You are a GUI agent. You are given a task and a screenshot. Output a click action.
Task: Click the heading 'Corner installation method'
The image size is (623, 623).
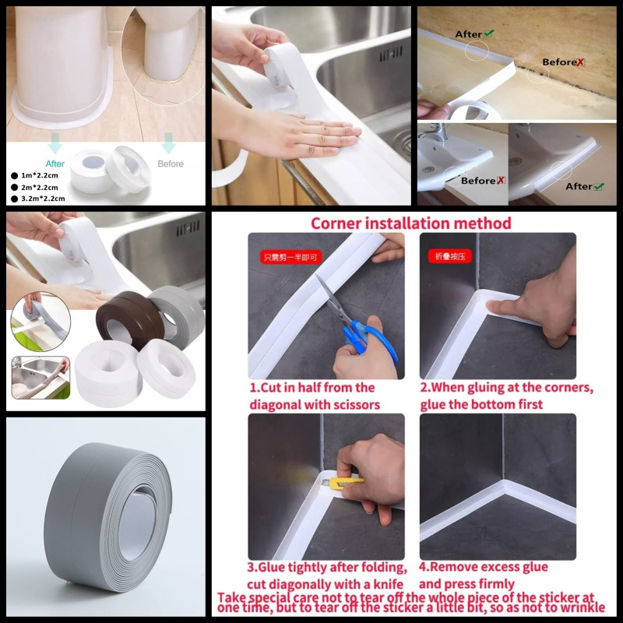[x=411, y=224]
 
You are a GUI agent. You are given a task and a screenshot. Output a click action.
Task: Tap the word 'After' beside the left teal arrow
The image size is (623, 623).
[x=55, y=164]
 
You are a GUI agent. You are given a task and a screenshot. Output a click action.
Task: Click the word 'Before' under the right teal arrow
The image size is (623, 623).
[x=171, y=164]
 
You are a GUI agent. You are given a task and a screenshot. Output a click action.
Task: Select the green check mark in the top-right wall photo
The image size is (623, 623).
[x=488, y=33]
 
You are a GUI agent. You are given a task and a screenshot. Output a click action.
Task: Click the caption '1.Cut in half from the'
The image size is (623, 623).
[x=311, y=387]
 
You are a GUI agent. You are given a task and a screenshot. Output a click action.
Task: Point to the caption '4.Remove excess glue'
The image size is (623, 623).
[x=484, y=566]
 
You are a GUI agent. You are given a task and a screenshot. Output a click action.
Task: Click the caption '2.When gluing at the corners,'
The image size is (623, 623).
[x=506, y=387]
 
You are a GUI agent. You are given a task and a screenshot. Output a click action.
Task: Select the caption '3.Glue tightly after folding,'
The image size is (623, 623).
[x=327, y=566]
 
